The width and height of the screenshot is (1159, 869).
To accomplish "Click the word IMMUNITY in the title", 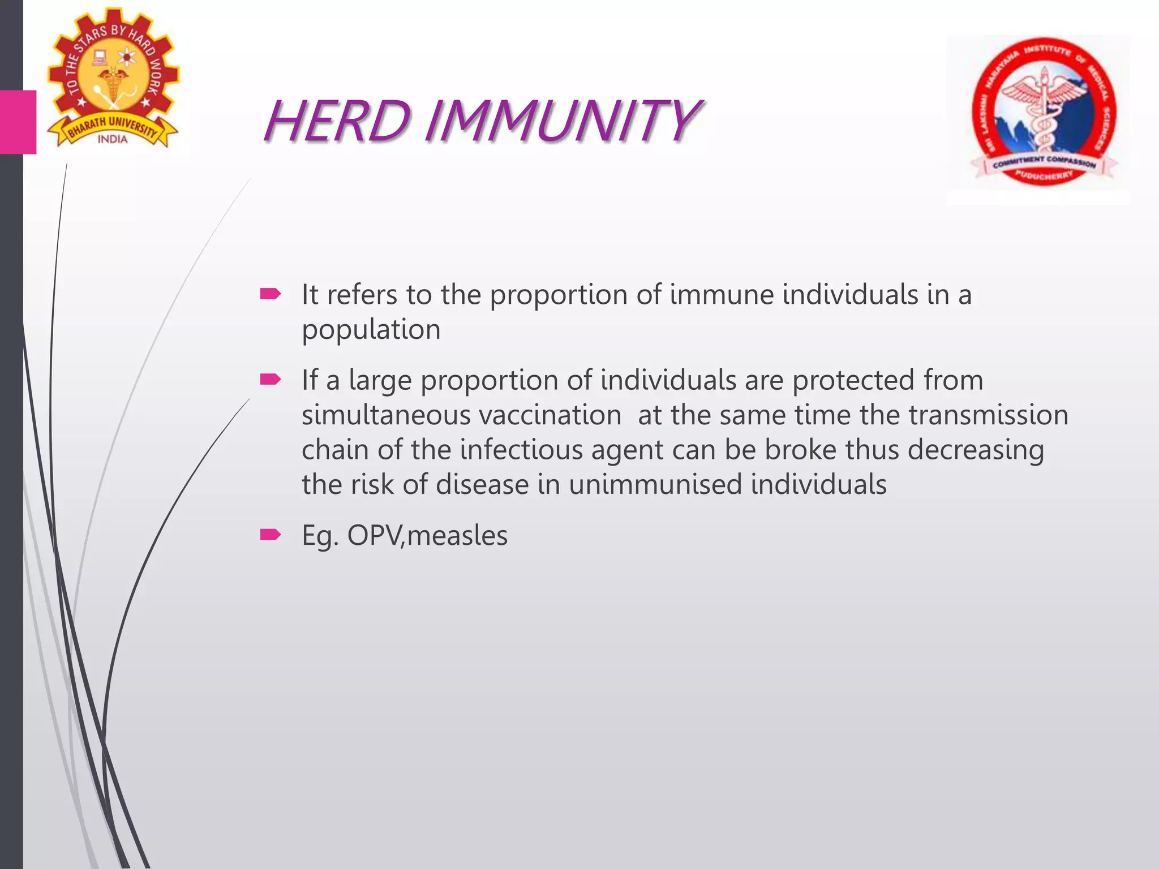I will [x=560, y=121].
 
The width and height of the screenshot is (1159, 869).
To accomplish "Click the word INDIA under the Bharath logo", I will [x=113, y=139].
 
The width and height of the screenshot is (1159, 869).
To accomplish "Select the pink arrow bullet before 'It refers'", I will [x=270, y=294].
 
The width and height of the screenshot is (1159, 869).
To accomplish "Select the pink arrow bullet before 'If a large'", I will [x=270, y=379].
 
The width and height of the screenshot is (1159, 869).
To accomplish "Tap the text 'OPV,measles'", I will [x=427, y=536].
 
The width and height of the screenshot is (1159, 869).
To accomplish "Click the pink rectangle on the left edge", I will [x=18, y=122].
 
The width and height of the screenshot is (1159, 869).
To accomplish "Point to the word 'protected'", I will [x=853, y=380].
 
